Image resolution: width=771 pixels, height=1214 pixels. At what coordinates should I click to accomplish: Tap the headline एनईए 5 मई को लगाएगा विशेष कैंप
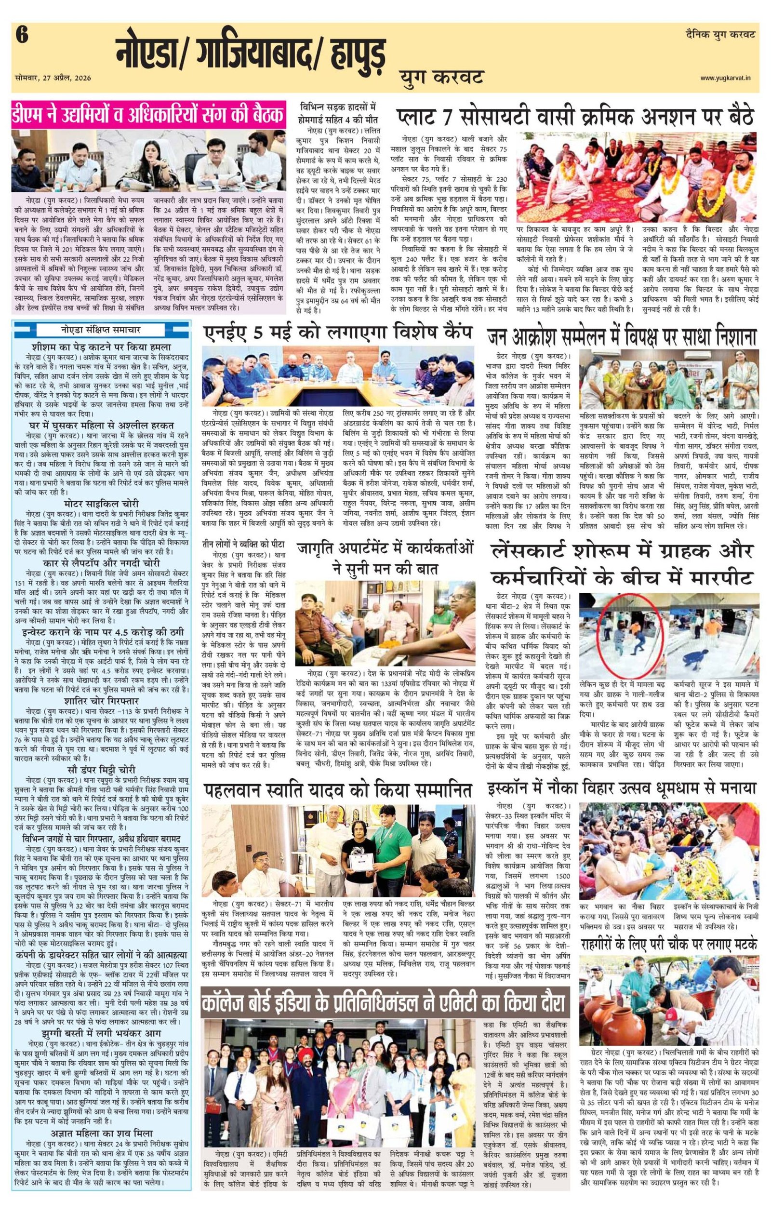click(x=337, y=333)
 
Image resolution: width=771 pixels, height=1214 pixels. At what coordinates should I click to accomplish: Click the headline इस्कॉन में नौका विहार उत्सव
click(x=622, y=788)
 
